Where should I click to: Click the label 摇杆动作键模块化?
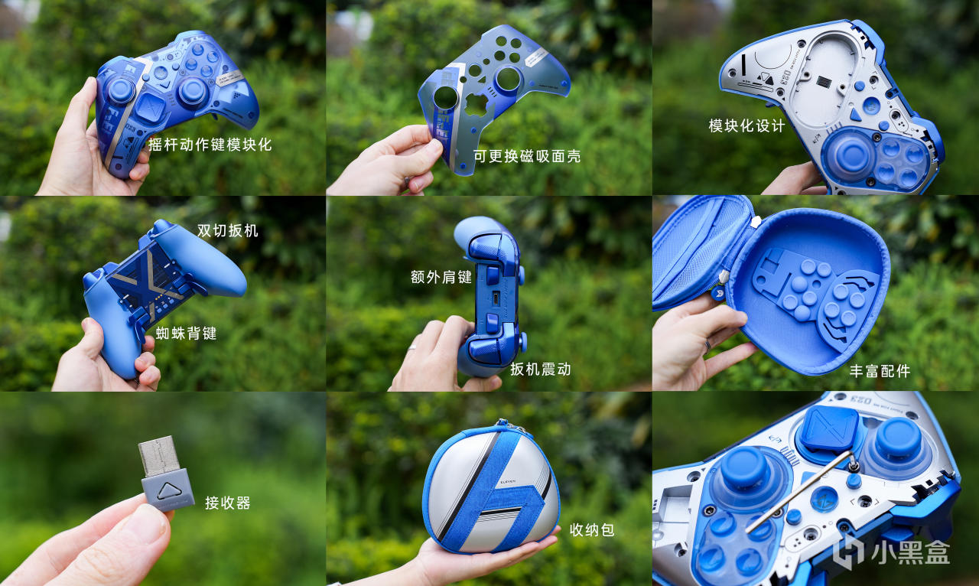tap(210, 145)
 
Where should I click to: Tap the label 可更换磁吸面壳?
tap(527, 156)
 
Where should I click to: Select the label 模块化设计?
tap(746, 126)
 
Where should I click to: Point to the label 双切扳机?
tap(227, 230)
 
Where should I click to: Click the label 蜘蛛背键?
tap(186, 334)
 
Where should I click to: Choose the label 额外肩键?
tap(441, 277)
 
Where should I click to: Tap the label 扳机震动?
tap(541, 369)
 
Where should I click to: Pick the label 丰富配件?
tap(880, 371)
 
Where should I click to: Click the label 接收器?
tap(228, 503)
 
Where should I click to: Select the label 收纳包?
tap(592, 530)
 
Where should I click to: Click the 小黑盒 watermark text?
tap(910, 552)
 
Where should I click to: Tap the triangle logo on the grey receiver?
tap(169, 491)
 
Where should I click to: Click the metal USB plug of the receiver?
tap(158, 456)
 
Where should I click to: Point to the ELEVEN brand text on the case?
tap(507, 481)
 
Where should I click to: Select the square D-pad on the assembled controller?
tap(150, 107)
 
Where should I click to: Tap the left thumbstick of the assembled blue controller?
tap(121, 90)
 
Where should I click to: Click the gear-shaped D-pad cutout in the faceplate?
tap(476, 105)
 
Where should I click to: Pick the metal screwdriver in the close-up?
tap(800, 492)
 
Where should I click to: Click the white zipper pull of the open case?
tap(756, 222)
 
